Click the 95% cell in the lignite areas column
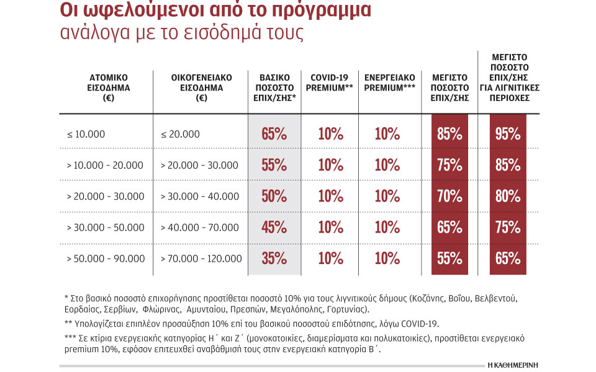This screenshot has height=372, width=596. point(508,134)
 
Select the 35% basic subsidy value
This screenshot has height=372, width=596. point(274,258)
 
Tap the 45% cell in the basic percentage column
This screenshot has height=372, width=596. point(274,227)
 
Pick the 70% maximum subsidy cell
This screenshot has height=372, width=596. point(449,196)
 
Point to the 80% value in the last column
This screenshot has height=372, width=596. point(508,196)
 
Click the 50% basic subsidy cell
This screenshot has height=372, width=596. point(274,196)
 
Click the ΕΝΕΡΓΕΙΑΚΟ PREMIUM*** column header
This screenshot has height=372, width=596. point(389,82)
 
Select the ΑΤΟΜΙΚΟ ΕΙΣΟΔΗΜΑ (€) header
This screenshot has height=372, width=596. point(104,87)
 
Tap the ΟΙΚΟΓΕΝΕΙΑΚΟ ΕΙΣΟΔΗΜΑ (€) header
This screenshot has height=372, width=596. point(201,87)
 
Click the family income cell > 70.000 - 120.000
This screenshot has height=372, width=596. point(201,259)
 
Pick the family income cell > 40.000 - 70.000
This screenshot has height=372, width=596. point(199,228)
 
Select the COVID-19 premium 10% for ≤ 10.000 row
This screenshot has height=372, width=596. point(331,134)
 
